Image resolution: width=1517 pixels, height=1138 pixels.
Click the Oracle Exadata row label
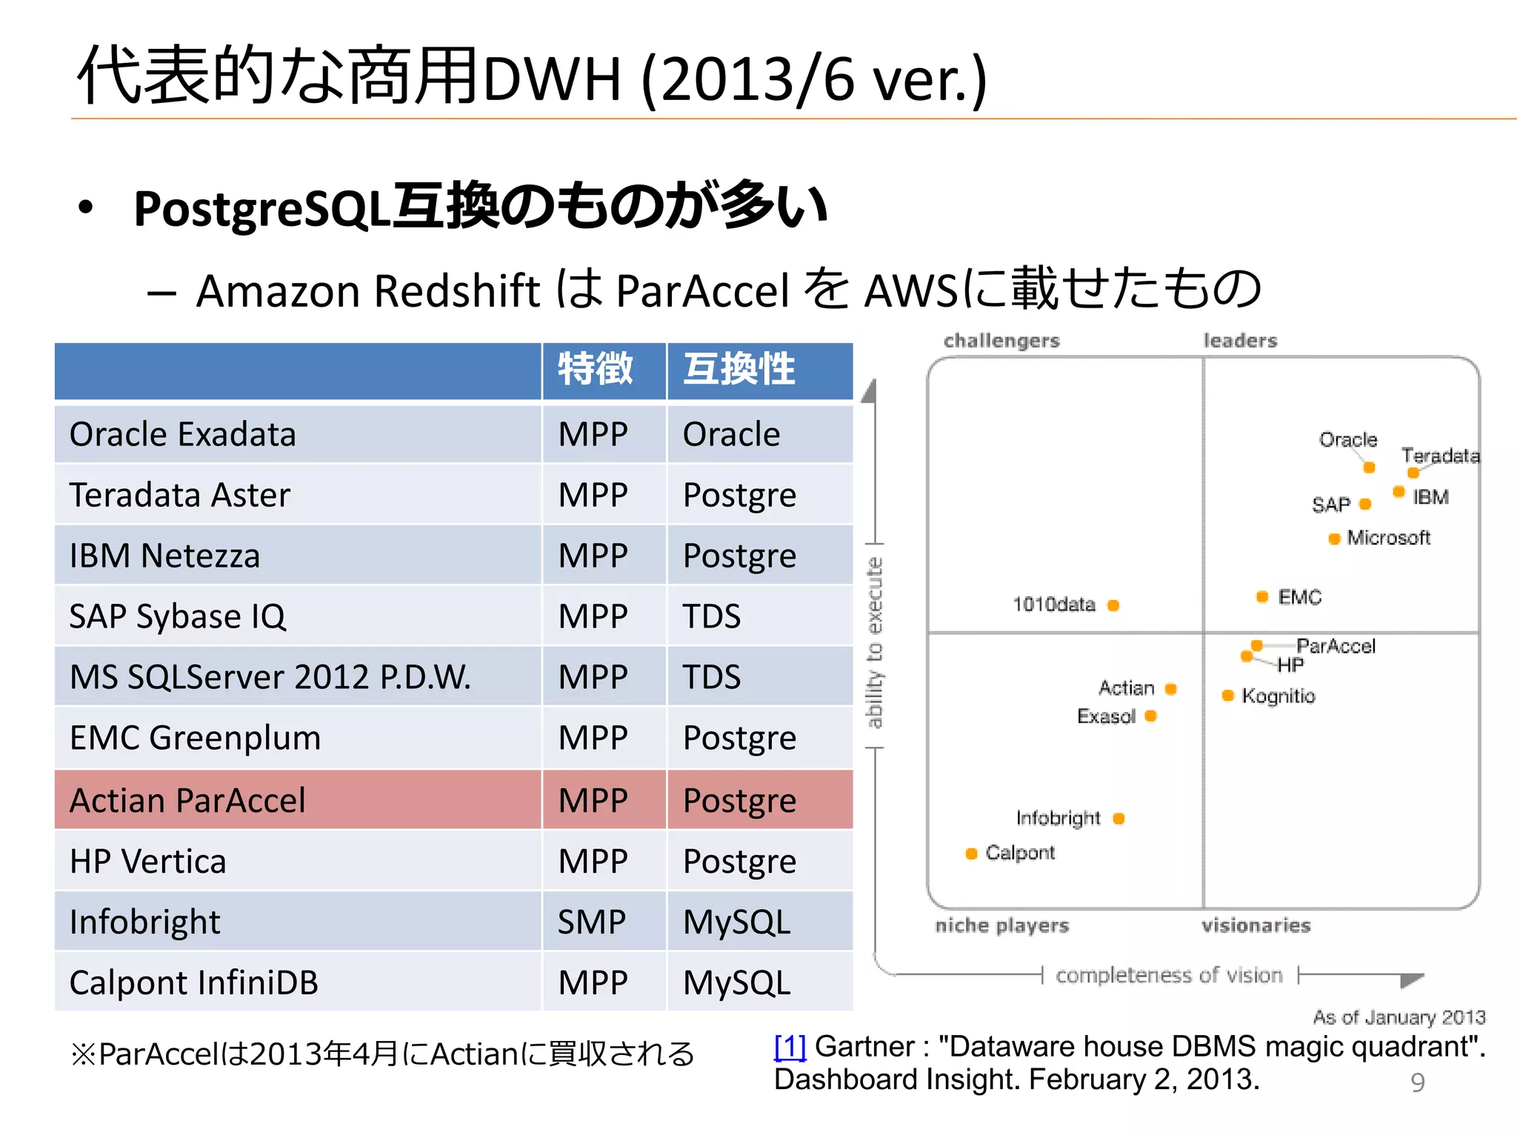[x=182, y=435]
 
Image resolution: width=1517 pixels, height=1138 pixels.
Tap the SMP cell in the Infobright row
[x=591, y=922]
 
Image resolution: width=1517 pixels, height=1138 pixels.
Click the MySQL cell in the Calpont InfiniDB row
[x=736, y=983]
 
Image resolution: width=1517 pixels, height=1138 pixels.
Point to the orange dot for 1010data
[x=1113, y=605]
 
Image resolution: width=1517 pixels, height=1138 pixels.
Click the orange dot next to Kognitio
[x=1227, y=695]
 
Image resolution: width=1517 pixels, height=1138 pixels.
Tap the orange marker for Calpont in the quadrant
[x=971, y=853]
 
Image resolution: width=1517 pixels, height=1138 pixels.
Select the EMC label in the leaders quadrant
[x=1299, y=597]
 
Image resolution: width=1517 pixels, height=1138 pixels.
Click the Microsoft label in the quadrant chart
[x=1388, y=538]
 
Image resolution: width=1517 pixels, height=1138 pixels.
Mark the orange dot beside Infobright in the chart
[x=1118, y=818]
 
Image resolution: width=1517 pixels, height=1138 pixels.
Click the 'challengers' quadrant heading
[x=1001, y=341]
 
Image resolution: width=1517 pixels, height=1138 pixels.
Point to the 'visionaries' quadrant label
[x=1256, y=925]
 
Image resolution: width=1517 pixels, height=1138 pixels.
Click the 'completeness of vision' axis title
[x=1169, y=975]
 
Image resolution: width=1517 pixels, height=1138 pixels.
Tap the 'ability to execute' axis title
[x=875, y=642]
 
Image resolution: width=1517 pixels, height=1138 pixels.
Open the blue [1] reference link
[x=790, y=1047]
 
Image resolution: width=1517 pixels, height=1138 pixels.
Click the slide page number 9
[x=1417, y=1082]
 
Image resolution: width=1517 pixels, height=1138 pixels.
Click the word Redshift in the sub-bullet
[x=457, y=290]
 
